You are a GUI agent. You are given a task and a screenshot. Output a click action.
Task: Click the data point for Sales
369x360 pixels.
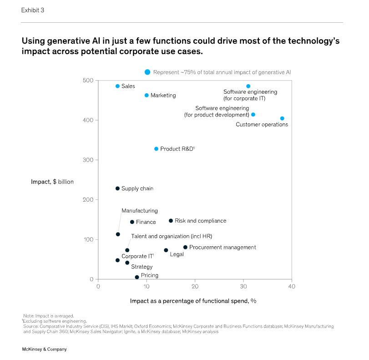coord(117,86)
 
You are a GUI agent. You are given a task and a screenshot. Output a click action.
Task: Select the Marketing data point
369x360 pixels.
coord(147,95)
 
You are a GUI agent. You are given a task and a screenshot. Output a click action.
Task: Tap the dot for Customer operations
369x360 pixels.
coord(282,118)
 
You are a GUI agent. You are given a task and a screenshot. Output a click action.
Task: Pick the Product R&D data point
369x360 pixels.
coord(156,149)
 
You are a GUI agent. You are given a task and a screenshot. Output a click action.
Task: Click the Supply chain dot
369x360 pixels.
coord(117,188)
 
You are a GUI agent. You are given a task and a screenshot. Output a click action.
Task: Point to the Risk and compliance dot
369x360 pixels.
coord(171,221)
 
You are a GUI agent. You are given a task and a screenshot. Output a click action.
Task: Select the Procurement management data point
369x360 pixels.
coord(185,247)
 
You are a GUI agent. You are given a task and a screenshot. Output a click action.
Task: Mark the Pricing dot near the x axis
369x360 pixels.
coord(136,277)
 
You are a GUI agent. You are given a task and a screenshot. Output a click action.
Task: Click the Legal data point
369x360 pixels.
coord(166,250)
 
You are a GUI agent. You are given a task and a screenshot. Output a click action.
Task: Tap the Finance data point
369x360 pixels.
coord(132,222)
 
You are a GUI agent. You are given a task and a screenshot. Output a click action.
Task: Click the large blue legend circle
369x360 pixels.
coord(147,72)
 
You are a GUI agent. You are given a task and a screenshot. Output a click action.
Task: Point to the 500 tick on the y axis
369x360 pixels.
coord(88,81)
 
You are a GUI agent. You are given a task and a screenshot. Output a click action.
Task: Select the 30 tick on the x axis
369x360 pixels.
coord(243,286)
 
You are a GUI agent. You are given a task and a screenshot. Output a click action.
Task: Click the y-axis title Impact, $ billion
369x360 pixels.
coord(52,182)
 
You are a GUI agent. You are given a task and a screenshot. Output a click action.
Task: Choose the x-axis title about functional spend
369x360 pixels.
coord(193,301)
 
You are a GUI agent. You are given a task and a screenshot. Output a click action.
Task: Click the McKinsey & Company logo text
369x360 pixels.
coord(45,349)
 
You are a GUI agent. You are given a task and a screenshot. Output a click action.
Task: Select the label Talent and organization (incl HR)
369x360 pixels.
coord(172,236)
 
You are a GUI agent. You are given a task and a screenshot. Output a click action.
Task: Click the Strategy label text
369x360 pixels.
coord(142,267)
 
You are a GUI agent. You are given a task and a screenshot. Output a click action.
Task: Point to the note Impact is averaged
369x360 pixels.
coord(48,315)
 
